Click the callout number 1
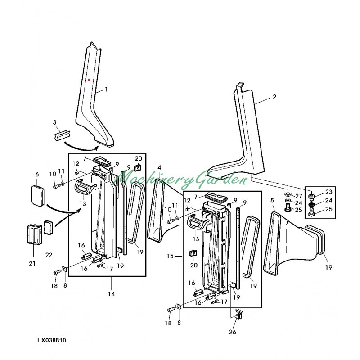point(106,90)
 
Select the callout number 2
point(274,97)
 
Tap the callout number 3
point(55,122)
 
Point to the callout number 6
point(37,174)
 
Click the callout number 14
point(111,294)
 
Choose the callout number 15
point(170,256)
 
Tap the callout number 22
point(49,255)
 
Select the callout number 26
point(233,333)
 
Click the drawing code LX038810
point(52,341)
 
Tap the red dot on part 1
point(90,80)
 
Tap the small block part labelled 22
point(49,227)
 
